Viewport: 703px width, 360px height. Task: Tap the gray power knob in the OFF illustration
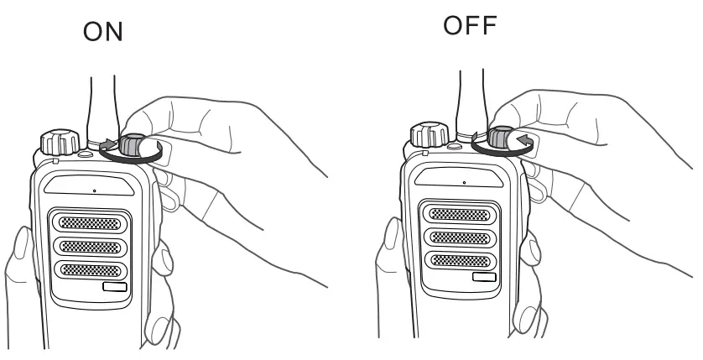tap(502, 139)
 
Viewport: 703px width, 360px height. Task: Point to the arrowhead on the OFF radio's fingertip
tap(524, 139)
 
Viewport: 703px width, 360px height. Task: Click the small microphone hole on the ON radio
tap(94, 190)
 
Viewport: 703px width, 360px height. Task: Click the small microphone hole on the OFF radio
tap(463, 182)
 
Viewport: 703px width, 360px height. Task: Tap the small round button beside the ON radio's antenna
tap(84, 154)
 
